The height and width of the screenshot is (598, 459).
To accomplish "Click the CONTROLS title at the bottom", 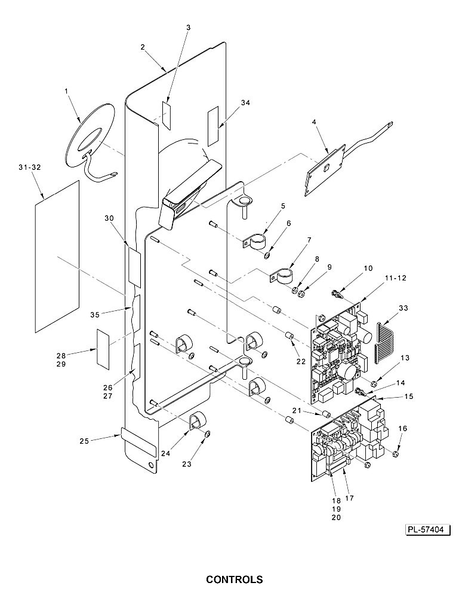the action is click(234, 579).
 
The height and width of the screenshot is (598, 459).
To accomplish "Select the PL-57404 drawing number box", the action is click(428, 530).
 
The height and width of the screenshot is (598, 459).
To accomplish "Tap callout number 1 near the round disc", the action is click(66, 91).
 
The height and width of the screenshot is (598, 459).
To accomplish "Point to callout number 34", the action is click(245, 102).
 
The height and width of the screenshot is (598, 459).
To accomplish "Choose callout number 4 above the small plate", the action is click(314, 122).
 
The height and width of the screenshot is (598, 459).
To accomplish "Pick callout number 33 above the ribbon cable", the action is click(403, 307).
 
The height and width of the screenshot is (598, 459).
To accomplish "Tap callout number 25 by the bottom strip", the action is click(84, 441).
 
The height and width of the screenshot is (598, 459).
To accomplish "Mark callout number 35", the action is click(95, 315).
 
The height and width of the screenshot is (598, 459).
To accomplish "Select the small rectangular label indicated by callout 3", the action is click(167, 115).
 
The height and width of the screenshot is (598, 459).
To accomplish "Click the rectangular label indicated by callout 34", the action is click(213, 126).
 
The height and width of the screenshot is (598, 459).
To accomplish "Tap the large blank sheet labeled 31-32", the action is click(57, 256).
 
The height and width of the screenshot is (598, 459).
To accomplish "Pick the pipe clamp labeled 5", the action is click(254, 242).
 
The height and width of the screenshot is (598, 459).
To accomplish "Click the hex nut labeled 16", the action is click(395, 453).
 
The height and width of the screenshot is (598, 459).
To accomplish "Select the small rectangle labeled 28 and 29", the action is click(103, 349).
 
